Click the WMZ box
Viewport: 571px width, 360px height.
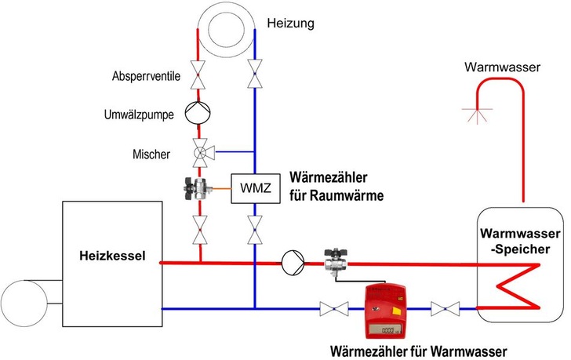click(253, 188)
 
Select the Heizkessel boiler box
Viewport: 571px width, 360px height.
click(111, 263)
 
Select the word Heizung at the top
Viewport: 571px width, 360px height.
click(290, 24)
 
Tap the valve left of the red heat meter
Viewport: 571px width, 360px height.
click(333, 309)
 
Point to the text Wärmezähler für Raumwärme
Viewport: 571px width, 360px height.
click(336, 186)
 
